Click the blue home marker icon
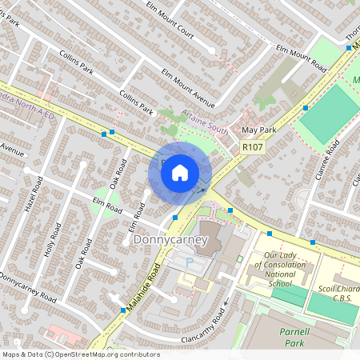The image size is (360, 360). [x=180, y=173]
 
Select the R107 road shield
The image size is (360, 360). [x=251, y=147]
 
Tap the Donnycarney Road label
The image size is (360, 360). [x=29, y=288]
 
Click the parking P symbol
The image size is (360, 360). [x=190, y=262]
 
